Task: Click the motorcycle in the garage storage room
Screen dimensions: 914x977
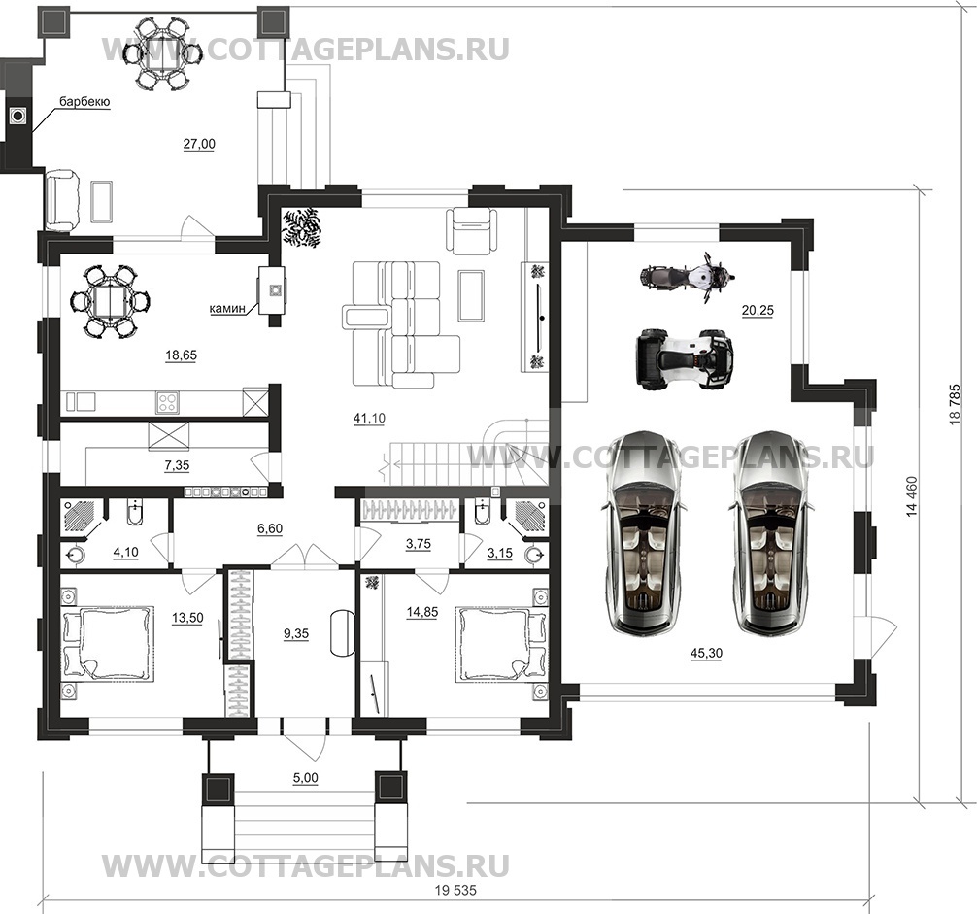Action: pos(685,276)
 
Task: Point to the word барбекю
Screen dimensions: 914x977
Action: pos(84,101)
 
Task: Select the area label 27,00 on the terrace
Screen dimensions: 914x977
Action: pos(199,144)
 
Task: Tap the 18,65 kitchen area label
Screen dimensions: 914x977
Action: pos(181,355)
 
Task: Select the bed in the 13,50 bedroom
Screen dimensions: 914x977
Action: pos(108,642)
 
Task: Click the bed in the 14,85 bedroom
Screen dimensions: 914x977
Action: pos(494,643)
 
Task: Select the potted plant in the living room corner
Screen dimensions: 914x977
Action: pos(302,228)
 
